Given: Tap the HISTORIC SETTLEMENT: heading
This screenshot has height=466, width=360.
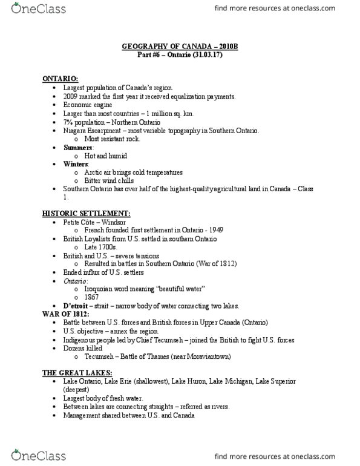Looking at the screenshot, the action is point(77,214).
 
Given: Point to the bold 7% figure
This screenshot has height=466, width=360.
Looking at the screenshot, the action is point(67,122).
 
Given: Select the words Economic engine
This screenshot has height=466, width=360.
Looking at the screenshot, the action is point(85,105).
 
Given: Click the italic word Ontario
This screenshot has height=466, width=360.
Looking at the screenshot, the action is point(75,282).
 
